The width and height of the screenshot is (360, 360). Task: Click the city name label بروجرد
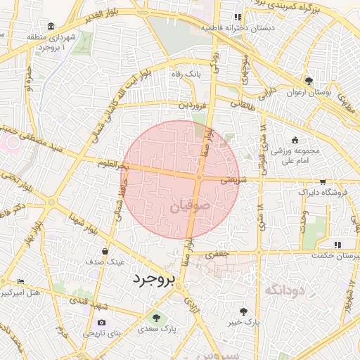(x=153, y=279)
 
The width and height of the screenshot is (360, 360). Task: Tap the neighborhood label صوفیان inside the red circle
(x=189, y=207)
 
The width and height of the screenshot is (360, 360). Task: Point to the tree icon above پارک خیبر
(x=244, y=311)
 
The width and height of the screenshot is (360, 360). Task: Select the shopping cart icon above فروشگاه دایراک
(x=323, y=181)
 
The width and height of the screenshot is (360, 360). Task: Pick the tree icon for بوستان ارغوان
(x=309, y=81)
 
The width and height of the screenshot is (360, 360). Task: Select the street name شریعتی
(x=234, y=180)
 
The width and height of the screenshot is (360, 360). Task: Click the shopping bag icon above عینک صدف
(x=105, y=250)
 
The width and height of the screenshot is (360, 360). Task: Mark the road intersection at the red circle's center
(x=200, y=179)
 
